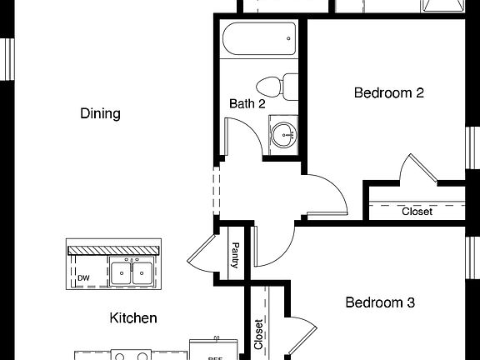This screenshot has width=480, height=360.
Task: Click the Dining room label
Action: click(100, 113)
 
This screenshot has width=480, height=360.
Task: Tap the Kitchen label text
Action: click(133, 317)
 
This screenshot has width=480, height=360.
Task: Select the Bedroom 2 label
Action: click(389, 92)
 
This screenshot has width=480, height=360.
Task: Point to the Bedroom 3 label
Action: click(380, 302)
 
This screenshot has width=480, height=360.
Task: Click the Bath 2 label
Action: click(247, 104)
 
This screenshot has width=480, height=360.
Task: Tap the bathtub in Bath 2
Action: click(258, 40)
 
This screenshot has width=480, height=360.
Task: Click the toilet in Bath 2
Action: click(277, 85)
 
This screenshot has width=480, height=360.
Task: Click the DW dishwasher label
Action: click(83, 278)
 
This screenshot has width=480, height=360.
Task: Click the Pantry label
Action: click(235, 256)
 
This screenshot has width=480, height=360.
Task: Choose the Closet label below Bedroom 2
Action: click(417, 212)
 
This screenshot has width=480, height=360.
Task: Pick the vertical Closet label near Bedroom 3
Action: click(258, 335)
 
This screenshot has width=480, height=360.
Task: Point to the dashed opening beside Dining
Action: click(216, 192)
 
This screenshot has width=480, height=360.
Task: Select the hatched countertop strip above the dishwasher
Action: click(112, 249)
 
